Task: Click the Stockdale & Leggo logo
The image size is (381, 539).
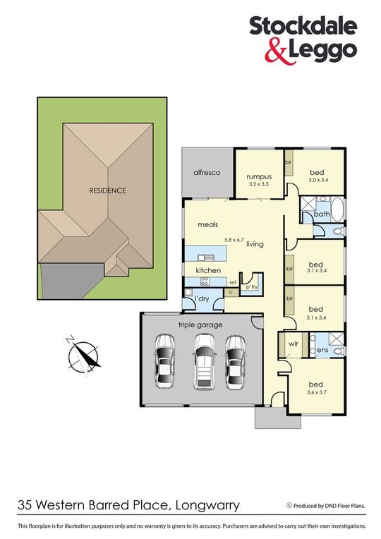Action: pos(303,40)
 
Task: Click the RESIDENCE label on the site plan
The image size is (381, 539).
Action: pos(107,190)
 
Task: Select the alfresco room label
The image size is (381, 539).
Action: pos(208,173)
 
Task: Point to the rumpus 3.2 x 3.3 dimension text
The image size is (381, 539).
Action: pos(260,184)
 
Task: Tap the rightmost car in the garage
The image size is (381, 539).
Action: pos(235,363)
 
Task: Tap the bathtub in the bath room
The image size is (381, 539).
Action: pos(338,210)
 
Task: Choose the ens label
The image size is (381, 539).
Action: pos(322,351)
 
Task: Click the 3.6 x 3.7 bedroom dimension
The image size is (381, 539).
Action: pos(315,392)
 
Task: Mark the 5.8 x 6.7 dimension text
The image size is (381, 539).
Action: pos(234,238)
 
